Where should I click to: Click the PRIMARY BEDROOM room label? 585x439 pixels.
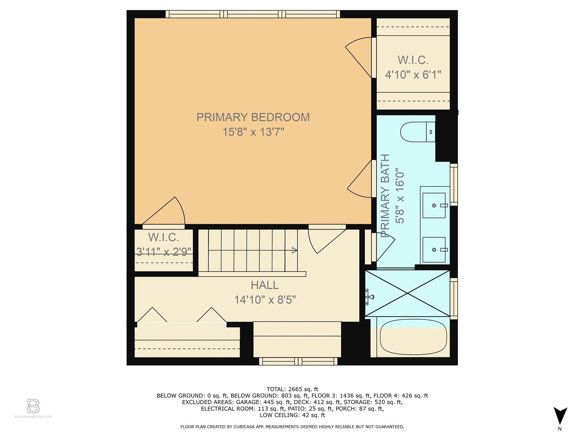[x=253, y=117]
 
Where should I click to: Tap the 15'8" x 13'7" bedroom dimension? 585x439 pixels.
[x=253, y=132]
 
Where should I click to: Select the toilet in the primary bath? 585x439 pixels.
[x=418, y=132]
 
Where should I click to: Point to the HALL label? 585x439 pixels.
[x=265, y=285]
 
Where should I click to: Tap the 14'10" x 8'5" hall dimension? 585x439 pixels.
[x=265, y=300]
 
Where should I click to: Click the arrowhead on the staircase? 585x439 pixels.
[x=294, y=250]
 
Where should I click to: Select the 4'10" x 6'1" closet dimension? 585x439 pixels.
[x=413, y=75]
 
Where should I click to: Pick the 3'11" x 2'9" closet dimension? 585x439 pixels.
[x=164, y=252]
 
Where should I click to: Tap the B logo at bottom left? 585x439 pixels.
[x=33, y=406]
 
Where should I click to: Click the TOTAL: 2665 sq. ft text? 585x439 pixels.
[x=292, y=389]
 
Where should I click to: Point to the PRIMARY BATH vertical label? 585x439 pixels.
[x=385, y=196]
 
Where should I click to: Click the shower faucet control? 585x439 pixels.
[x=369, y=297]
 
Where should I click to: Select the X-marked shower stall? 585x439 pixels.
[x=407, y=293]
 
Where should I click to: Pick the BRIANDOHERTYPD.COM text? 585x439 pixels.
[x=33, y=417]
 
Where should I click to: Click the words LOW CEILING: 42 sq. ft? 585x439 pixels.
[x=292, y=415]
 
